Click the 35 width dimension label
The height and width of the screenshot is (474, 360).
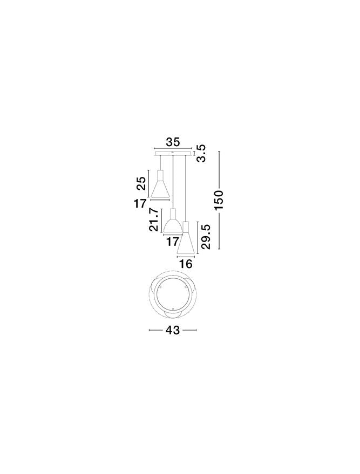click(x=173, y=141)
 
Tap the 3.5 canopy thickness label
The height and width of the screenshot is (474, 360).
click(x=201, y=153)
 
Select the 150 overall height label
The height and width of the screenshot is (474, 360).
click(x=219, y=201)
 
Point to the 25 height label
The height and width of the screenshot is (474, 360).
click(x=141, y=183)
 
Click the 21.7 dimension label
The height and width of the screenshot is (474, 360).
click(x=154, y=220)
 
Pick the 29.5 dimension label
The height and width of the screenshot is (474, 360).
click(x=206, y=237)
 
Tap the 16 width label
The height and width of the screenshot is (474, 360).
click(x=186, y=264)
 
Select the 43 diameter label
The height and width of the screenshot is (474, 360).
click(x=172, y=330)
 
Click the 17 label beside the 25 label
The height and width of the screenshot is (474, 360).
click(x=140, y=203)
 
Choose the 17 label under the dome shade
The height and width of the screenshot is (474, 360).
click(x=173, y=242)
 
